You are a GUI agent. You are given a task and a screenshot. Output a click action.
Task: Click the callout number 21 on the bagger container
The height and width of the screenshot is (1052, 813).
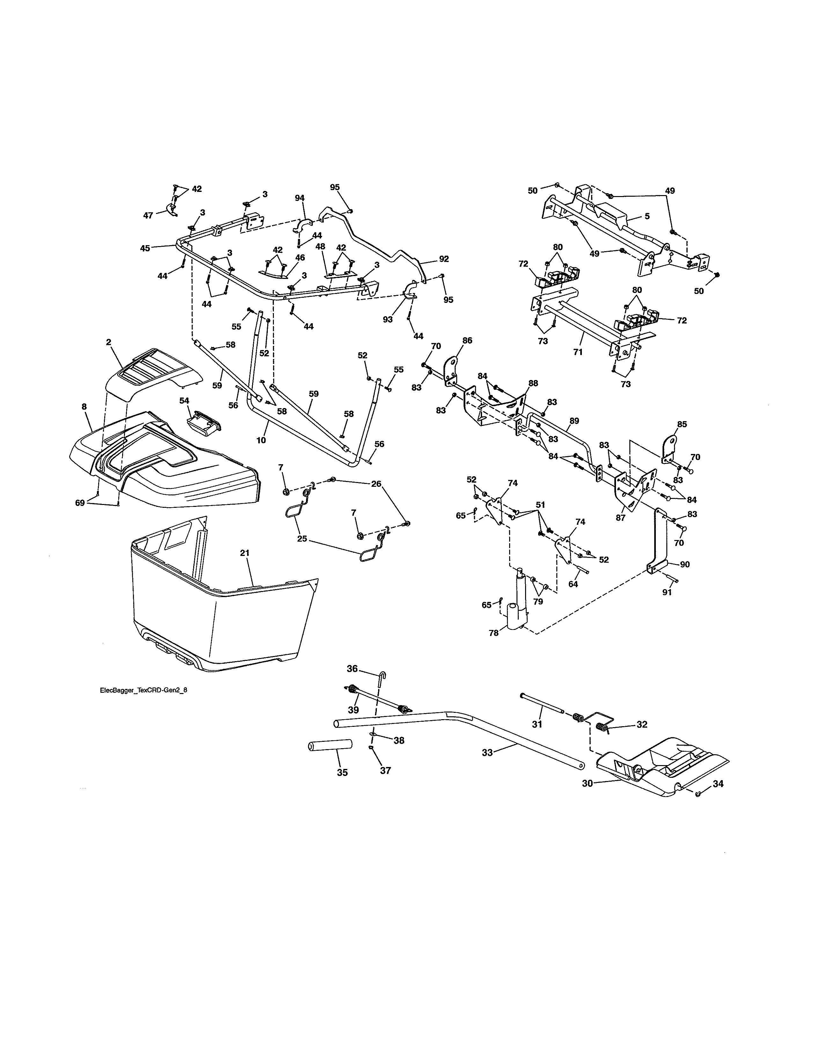[245, 553]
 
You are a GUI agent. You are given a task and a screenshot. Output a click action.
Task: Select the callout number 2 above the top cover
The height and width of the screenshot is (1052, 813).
[108, 342]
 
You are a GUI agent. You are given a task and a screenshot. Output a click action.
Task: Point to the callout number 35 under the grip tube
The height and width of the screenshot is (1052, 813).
[342, 773]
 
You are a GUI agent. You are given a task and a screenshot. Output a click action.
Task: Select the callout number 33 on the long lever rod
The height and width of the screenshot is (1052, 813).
[487, 752]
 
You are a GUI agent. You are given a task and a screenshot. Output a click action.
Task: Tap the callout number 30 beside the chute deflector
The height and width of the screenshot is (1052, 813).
[587, 784]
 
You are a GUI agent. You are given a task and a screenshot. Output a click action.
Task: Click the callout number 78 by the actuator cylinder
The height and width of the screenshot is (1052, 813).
[494, 633]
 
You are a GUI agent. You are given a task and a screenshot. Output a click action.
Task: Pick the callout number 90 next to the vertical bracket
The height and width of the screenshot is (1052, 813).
[685, 564]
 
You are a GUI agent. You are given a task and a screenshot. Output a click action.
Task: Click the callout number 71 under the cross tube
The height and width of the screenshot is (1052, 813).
[578, 352]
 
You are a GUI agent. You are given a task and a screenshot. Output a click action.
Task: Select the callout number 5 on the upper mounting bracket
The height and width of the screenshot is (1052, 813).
[647, 216]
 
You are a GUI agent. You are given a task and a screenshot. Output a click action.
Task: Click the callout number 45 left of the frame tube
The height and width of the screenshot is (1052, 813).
[145, 248]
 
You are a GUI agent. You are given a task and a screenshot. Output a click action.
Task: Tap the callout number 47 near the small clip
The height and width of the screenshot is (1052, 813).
[148, 215]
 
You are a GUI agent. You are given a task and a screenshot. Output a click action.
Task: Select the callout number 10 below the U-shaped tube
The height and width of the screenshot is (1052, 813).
[261, 440]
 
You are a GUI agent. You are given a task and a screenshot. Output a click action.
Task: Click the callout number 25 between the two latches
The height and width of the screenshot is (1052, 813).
[302, 538]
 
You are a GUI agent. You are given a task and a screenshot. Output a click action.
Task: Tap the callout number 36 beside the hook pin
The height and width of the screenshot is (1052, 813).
[353, 668]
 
